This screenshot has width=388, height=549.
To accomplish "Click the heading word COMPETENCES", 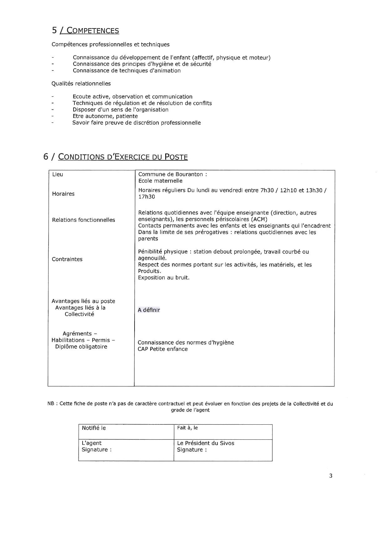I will (x=93, y=31).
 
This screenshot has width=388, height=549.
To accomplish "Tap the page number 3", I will (x=331, y=476).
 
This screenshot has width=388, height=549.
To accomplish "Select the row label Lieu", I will (x=58, y=174).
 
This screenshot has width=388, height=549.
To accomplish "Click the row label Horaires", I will (x=63, y=194).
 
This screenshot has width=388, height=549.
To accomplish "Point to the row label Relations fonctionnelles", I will (x=84, y=220).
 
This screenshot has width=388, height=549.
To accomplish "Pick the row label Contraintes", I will (x=67, y=259).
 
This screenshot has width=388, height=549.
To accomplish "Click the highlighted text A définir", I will (x=149, y=310).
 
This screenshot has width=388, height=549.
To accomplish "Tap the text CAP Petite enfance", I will (x=163, y=349).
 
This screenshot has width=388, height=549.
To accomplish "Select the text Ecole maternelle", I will (x=160, y=181).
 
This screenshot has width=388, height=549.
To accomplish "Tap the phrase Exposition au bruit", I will (x=164, y=278).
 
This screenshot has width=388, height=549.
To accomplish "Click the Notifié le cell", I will (x=94, y=428).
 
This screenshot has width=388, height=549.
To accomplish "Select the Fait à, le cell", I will (x=187, y=428).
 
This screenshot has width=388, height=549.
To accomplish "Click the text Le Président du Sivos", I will (x=206, y=443).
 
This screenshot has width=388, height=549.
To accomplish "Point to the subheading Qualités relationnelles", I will (x=81, y=84).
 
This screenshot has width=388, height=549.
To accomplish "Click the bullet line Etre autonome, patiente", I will (x=105, y=116).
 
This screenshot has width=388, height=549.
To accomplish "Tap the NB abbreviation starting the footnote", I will (x=51, y=404).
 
